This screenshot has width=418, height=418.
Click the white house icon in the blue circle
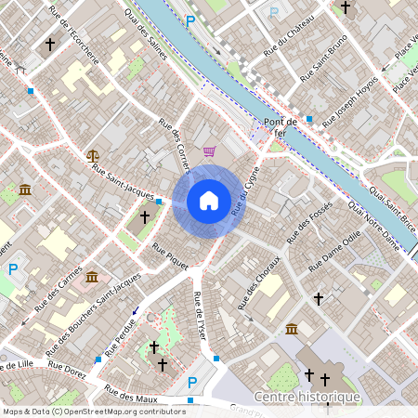208,201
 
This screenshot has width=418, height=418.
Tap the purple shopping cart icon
210,151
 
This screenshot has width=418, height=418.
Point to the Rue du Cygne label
244,190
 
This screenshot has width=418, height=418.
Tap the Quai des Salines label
147,36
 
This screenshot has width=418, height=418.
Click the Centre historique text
307,398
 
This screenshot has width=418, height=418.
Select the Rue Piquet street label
170,256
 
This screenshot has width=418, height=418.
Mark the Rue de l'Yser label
198,313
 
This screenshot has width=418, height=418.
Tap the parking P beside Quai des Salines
190,20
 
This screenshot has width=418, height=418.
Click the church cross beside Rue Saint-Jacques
144,216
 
